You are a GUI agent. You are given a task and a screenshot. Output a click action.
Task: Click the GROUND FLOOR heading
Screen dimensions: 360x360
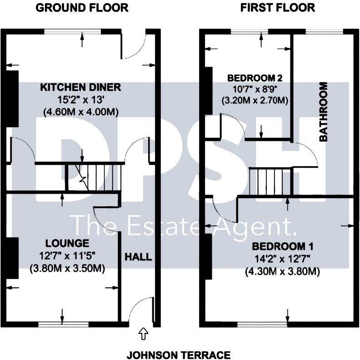[82, 8]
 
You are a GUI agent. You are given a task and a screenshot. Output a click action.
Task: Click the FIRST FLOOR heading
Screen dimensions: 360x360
[278, 8]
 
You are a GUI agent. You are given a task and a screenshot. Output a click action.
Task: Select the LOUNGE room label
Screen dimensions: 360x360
[67, 243]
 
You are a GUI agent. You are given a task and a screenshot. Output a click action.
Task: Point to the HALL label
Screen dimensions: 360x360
[138, 257]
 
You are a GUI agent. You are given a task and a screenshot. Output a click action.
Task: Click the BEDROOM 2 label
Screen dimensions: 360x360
[252, 78]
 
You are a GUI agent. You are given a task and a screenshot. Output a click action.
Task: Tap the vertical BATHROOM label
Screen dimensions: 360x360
[324, 112]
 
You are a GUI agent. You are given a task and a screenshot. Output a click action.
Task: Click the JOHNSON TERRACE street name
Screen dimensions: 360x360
[178, 355]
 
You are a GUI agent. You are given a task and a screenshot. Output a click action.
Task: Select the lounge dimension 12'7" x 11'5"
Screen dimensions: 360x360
[67, 256]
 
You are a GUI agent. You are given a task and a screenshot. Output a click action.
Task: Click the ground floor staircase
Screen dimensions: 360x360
[95, 178]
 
